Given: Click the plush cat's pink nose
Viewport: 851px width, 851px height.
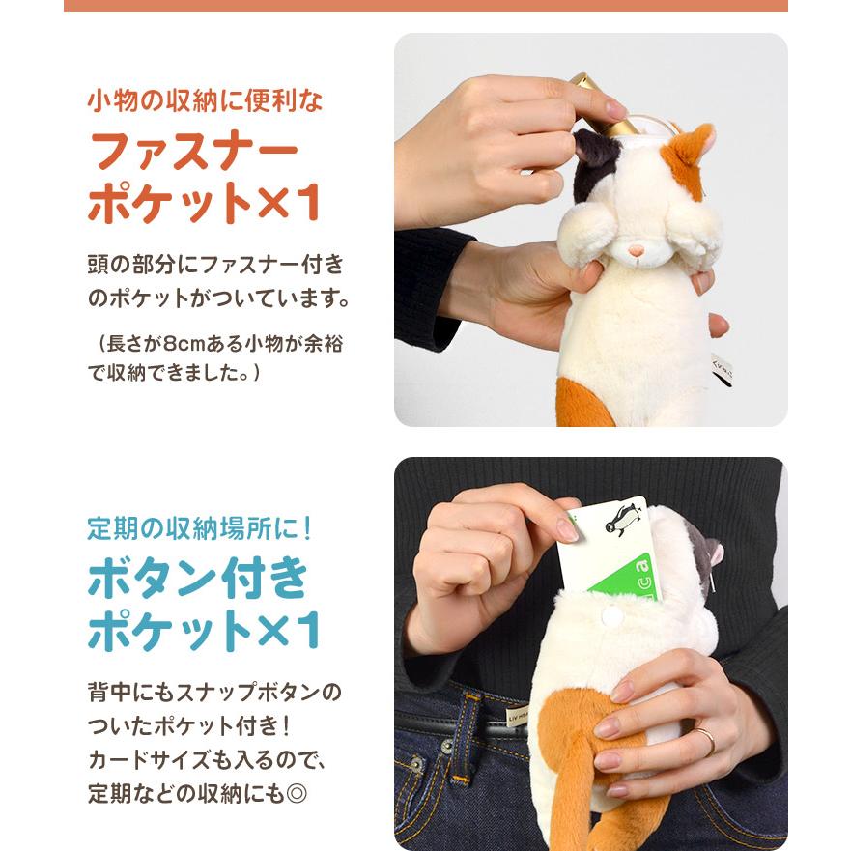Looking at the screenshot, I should click(637, 251).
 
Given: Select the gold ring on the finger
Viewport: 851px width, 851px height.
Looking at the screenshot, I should click(708, 741).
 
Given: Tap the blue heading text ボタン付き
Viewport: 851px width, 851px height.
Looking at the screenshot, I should click(198, 578).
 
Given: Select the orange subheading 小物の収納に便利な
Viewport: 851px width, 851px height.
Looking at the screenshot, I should click(205, 100).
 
